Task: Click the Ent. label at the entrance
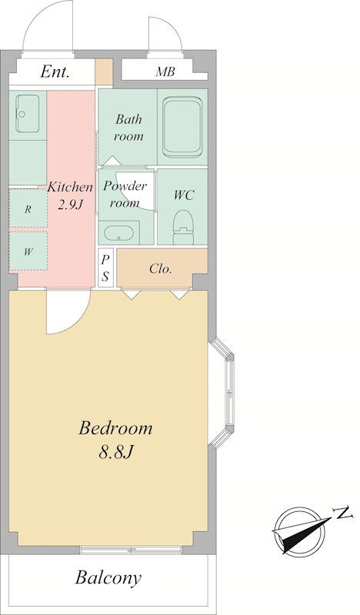pos(55,71)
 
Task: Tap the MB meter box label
pos(165,71)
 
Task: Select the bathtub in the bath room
pos(182,127)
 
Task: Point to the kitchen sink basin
pos(27,113)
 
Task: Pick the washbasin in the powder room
pos(118,233)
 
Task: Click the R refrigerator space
pos(28,208)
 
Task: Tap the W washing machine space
pos(28,251)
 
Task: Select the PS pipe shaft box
pos(105,268)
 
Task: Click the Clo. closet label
pos(161,268)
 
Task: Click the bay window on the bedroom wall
pos(222,393)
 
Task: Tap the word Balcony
pos(108,578)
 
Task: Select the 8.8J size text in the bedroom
pos(116,452)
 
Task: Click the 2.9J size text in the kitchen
pos(71,204)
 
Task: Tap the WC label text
pos(184,195)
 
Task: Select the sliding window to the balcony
pos(132,550)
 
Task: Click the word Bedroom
pos(115,427)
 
